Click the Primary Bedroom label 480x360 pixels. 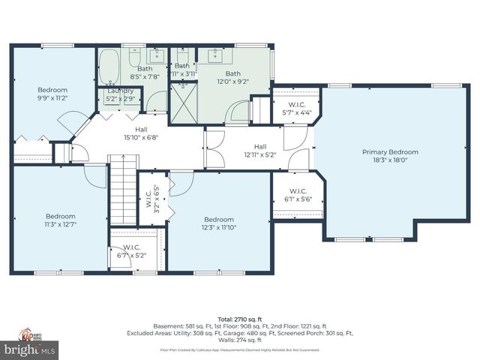(x=390, y=152)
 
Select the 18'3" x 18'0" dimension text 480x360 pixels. (x=390, y=160)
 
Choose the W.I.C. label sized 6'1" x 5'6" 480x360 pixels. (x=297, y=192)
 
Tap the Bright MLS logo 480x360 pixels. (x=30, y=349)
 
